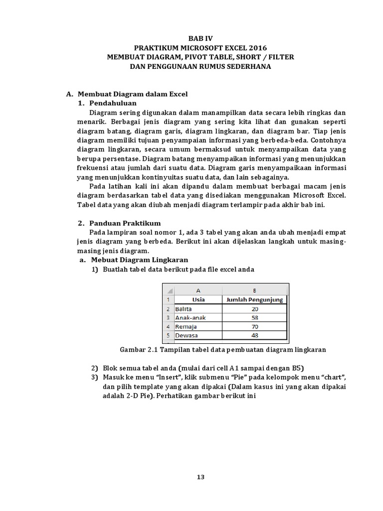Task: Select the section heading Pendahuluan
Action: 113,103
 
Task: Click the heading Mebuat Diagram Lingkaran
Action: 139,260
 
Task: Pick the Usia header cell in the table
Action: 198,300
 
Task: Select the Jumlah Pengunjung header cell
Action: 255,300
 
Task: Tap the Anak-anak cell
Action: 190,317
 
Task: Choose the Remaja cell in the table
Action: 186,326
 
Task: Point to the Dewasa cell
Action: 186,335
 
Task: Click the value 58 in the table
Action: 255,317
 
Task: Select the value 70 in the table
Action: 255,326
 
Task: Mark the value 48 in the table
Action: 255,335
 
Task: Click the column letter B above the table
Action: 255,290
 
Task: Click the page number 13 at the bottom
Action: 200,477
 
